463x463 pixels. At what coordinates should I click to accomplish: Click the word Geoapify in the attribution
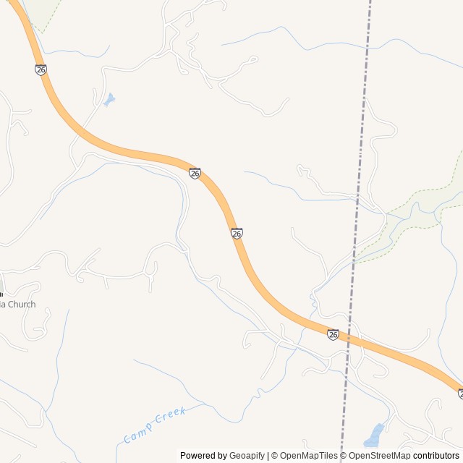247,456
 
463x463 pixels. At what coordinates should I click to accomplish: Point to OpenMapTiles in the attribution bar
308,456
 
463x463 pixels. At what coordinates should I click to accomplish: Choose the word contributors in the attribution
436,456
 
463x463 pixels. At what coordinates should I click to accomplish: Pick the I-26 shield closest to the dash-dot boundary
333,334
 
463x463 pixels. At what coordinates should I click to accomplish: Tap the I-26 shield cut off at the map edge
460,394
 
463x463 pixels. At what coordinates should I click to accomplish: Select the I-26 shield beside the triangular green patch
41,69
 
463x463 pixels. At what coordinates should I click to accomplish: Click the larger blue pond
374,435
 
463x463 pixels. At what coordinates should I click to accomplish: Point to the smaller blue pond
109,99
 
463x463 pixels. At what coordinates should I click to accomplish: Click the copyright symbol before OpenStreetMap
344,456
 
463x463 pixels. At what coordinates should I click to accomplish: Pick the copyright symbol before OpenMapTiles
274,456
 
